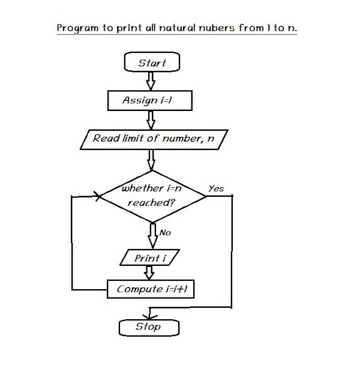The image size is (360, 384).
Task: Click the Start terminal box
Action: pos(152,63)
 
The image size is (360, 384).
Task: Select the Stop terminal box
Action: pos(149,327)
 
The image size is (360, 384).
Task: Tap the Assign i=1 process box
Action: pos(150,101)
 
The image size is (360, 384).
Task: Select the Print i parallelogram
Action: pos(151,259)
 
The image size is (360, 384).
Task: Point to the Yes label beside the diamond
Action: pos(215,188)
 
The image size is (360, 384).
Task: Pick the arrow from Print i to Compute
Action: pos(151,273)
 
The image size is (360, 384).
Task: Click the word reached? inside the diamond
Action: pos(151,203)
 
